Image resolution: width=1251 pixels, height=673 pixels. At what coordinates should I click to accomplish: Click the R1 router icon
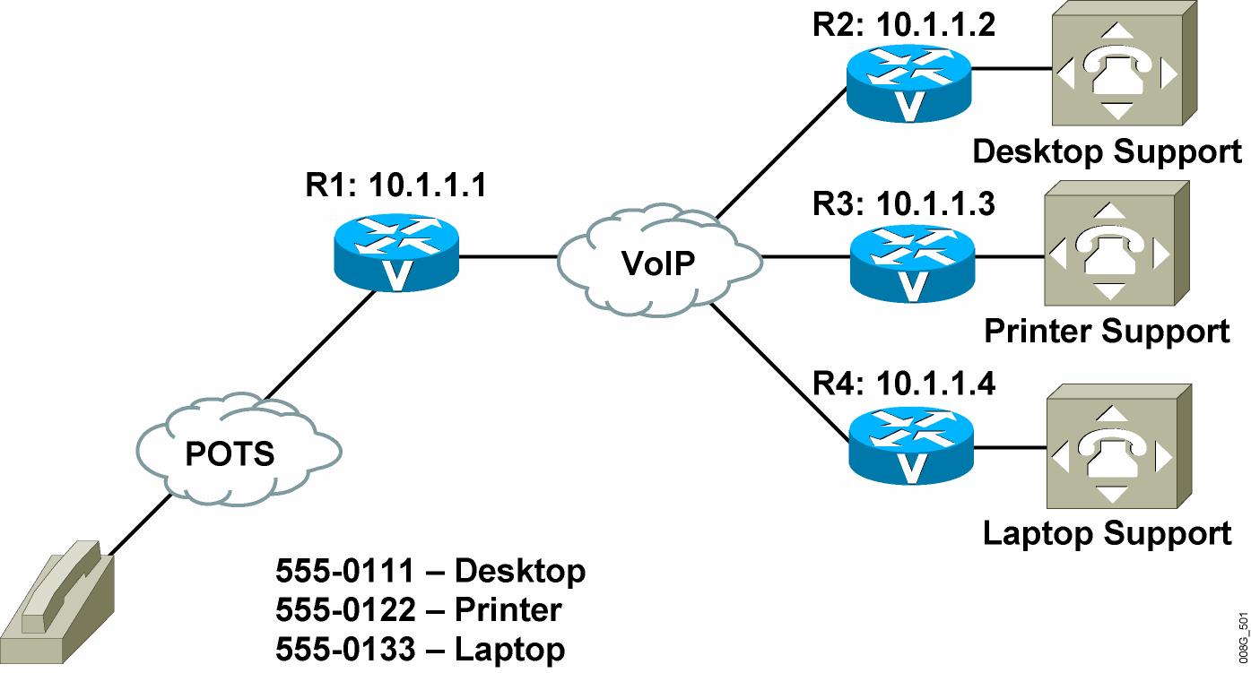point(395,255)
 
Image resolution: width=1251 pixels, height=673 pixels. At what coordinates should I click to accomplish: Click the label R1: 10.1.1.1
point(395,186)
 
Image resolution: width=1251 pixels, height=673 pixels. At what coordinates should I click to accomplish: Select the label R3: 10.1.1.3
point(903,204)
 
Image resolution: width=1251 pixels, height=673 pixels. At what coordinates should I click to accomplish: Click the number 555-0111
point(346,571)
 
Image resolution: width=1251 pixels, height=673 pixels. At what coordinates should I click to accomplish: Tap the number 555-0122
point(346,610)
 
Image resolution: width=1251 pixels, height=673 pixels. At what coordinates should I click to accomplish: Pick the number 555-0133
point(346,649)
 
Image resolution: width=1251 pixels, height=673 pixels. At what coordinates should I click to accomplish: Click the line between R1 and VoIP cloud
point(508,256)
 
